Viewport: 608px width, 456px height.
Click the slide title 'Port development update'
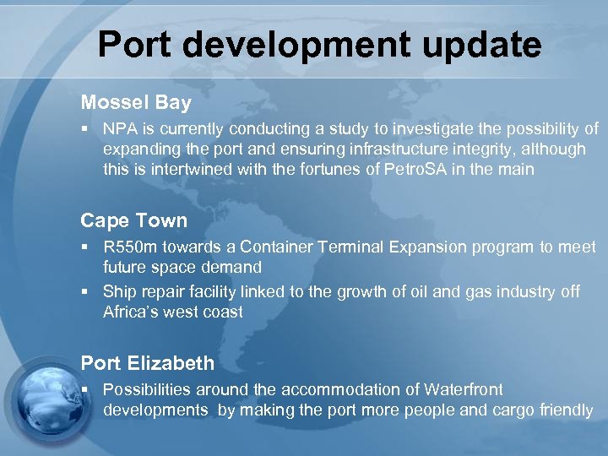(319, 44)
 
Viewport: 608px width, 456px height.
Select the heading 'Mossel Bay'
(136, 103)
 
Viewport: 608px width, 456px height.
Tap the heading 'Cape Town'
(133, 220)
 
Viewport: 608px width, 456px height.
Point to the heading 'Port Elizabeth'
(147, 363)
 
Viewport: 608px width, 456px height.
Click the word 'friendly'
(564, 410)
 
